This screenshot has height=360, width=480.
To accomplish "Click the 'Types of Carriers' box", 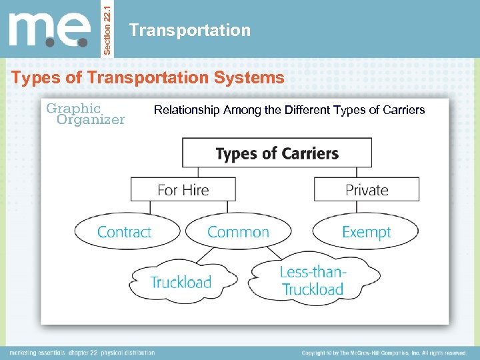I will point(277,153).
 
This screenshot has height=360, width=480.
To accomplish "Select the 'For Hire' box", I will point(183,189).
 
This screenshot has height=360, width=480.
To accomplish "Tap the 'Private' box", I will point(367,189).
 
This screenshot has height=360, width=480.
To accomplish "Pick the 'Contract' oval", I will point(127,232).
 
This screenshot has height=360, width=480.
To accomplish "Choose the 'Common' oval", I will point(238,232).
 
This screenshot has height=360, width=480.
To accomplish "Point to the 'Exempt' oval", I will point(366,232).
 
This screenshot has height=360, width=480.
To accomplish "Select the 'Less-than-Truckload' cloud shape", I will point(313,280).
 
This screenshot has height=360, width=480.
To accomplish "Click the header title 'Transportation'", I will point(190,30).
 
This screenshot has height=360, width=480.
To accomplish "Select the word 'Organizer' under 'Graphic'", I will point(91,120).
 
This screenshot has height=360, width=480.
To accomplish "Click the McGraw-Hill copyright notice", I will point(383,353).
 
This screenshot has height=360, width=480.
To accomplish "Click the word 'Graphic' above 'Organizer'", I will point(73,107).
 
